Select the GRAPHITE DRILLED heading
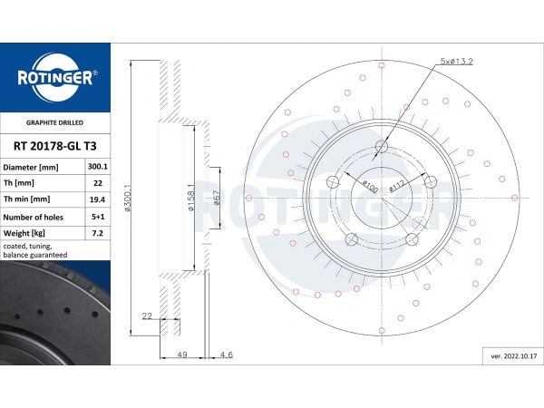[54, 122]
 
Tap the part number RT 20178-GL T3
[54, 146]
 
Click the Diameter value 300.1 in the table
[98, 167]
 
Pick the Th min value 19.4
[98, 199]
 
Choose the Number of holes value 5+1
[98, 217]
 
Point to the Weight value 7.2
[98, 233]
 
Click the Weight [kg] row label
[24, 233]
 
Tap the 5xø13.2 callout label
[456, 62]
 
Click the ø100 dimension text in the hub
[369, 187]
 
